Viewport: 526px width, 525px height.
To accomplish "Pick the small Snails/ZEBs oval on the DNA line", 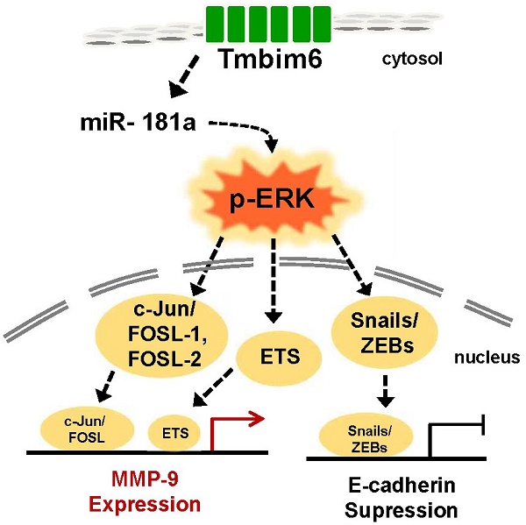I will pyautogui.click(x=356, y=436).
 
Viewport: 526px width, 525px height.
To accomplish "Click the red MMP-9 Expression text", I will pyautogui.click(x=147, y=493).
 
